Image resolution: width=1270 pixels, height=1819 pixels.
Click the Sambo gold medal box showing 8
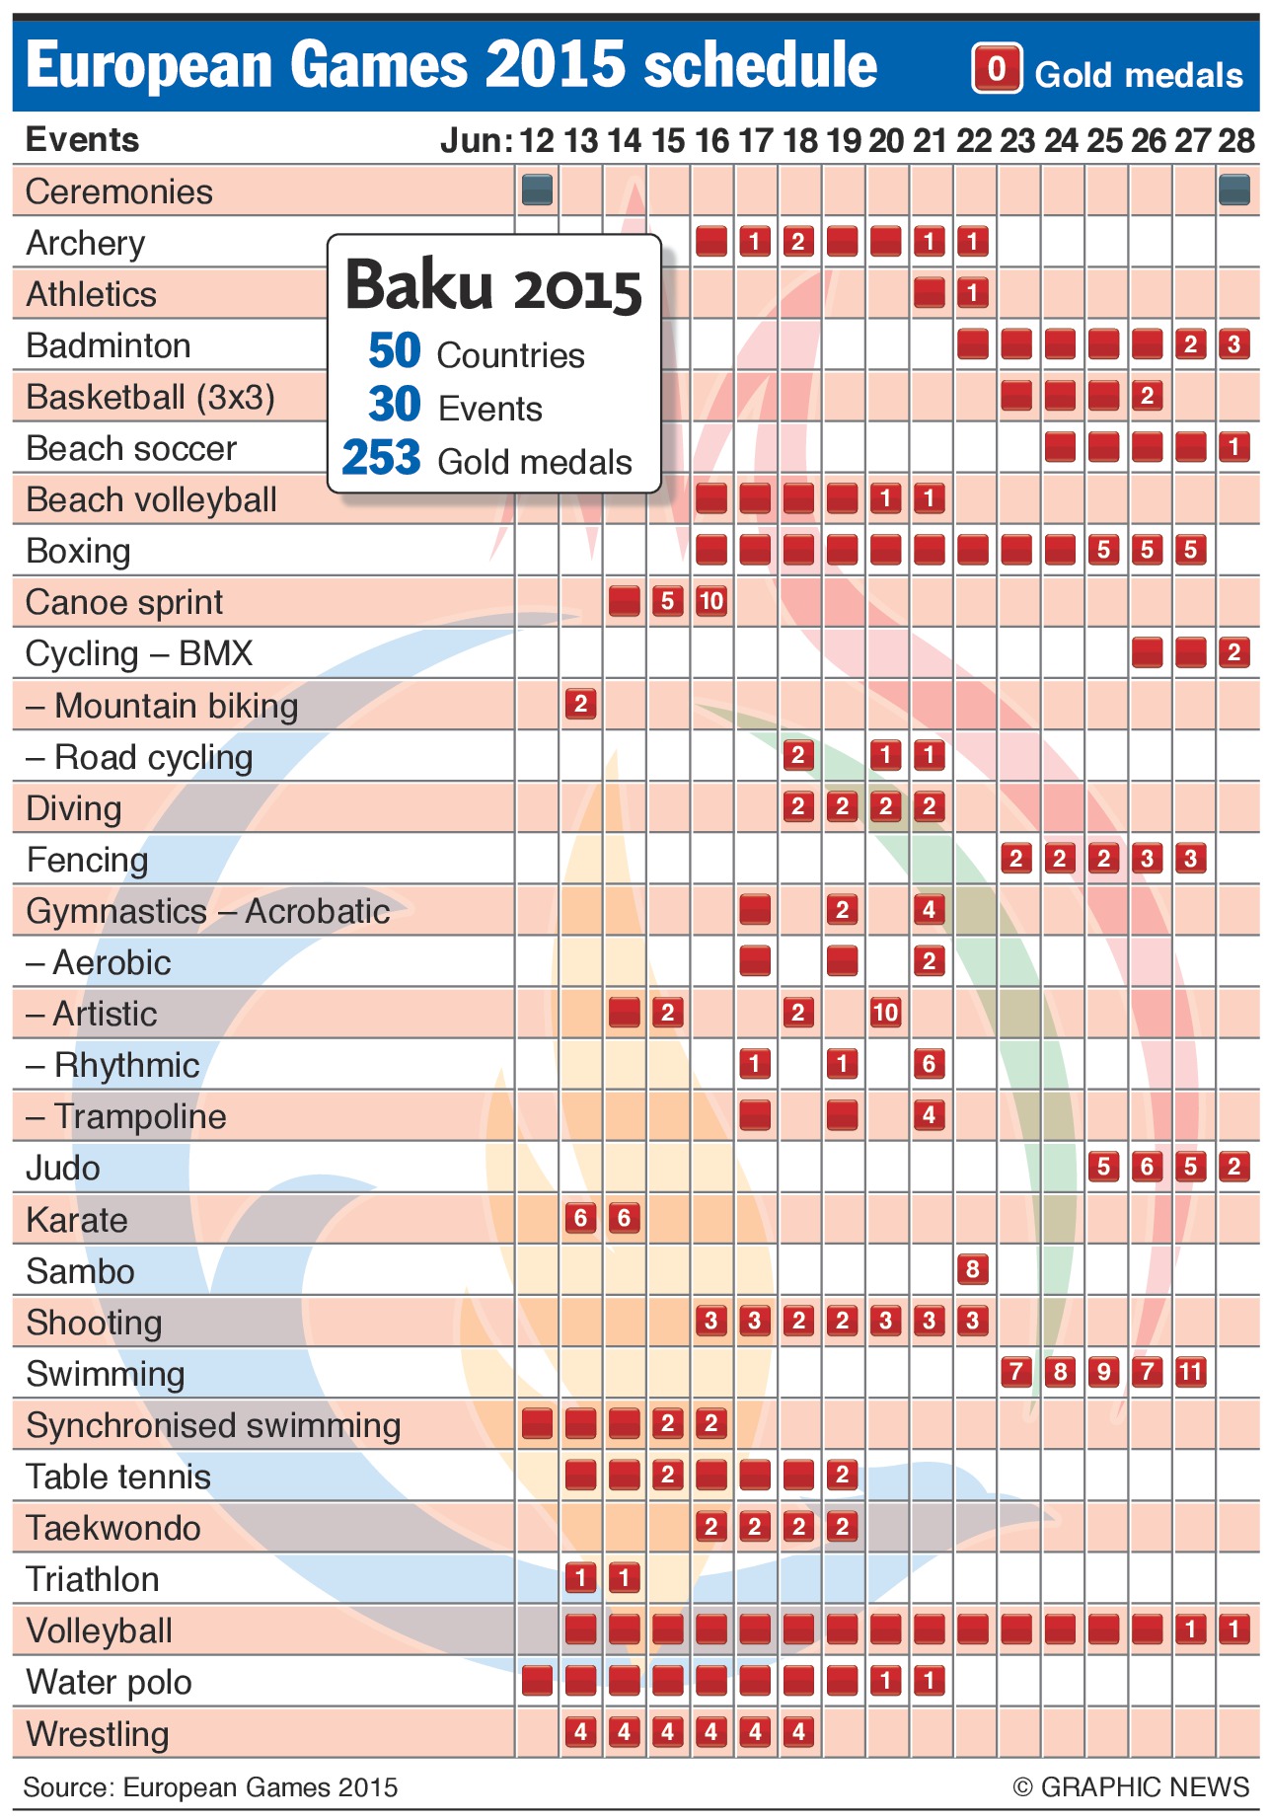(972, 1268)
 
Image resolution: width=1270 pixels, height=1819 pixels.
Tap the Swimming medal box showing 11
(1190, 1371)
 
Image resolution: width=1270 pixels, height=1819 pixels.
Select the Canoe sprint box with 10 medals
(710, 601)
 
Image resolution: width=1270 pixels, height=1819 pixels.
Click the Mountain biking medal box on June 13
(580, 704)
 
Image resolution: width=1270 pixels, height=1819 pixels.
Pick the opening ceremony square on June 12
(537, 189)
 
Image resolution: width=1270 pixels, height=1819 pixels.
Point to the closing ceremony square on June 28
(1233, 189)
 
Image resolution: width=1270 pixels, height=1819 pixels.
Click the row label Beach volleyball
(151, 499)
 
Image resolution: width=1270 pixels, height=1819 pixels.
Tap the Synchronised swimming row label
(213, 1425)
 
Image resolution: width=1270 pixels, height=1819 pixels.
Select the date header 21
(930, 141)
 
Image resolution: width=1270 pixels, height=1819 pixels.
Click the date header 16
(711, 141)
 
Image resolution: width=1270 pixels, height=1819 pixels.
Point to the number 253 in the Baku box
(382, 459)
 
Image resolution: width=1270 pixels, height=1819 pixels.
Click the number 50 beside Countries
(394, 351)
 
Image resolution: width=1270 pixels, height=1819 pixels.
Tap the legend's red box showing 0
(997, 69)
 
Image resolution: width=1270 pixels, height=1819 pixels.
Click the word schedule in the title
(760, 65)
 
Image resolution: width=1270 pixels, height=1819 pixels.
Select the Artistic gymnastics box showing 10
(885, 1012)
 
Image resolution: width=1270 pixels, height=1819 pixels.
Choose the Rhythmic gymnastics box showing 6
(929, 1063)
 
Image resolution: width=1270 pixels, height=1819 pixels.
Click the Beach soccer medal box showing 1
(1233, 447)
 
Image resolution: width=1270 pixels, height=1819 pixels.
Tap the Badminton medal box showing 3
(1233, 344)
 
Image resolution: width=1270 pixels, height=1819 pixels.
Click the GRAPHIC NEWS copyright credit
(1131, 1786)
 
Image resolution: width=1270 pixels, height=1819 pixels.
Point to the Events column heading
(82, 140)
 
